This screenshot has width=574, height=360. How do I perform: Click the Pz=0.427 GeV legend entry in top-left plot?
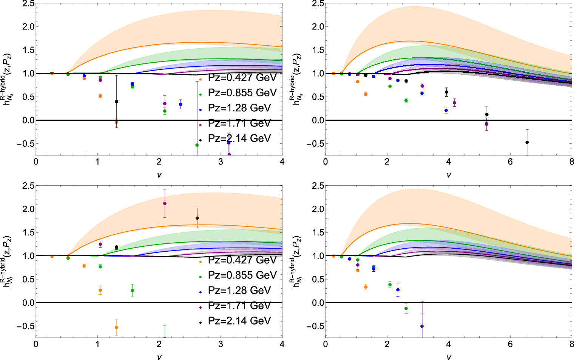[242, 77]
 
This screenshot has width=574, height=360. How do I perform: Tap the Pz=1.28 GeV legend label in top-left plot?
[239, 108]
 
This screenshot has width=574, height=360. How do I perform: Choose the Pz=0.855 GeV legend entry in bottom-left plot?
[242, 275]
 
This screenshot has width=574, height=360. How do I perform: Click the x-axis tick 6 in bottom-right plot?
[510, 344]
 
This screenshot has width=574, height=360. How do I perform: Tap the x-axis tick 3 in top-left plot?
[221, 162]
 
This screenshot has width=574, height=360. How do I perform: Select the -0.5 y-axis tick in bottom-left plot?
[23, 326]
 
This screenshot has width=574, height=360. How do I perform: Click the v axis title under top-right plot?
[449, 175]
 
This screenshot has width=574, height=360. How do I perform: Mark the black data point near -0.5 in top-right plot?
[527, 142]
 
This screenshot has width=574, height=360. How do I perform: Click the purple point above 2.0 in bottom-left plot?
[165, 203]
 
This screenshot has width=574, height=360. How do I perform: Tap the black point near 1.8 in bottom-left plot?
[197, 218]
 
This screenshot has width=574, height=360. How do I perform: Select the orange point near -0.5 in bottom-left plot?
[116, 327]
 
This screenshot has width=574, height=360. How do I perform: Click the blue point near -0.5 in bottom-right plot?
[422, 326]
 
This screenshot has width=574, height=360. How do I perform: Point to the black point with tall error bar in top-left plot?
[116, 102]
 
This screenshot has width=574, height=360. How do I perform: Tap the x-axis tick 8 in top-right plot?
[571, 162]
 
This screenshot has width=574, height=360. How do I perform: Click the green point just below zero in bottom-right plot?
[406, 308]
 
